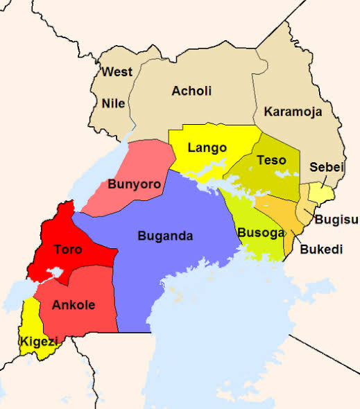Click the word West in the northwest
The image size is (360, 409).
tap(117, 72)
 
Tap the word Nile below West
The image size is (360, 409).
tap(113, 103)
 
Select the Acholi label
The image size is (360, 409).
tap(191, 91)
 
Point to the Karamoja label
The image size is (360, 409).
tap(293, 112)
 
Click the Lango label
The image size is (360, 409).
tap(207, 148)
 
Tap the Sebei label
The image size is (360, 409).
tap(324, 167)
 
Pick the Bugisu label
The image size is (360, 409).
tap(336, 220)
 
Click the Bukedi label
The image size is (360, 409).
tap(321, 249)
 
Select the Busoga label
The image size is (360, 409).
tap(261, 233)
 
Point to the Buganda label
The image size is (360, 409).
tap(165, 236)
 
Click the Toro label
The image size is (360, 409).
tap(68, 249)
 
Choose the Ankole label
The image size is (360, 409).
tap(74, 304)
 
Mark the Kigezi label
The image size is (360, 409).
tap(35, 340)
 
